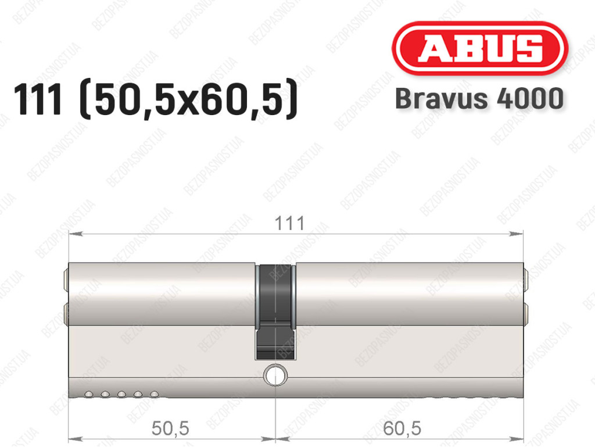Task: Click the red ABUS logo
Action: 479,48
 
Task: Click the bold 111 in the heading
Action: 37,99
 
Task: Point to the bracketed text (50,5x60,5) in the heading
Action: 189,99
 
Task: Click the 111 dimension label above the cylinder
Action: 289,223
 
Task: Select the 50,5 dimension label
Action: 170,428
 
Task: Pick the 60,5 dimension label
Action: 402,428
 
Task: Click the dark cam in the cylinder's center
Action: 275,311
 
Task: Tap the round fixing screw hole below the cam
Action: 275,376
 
